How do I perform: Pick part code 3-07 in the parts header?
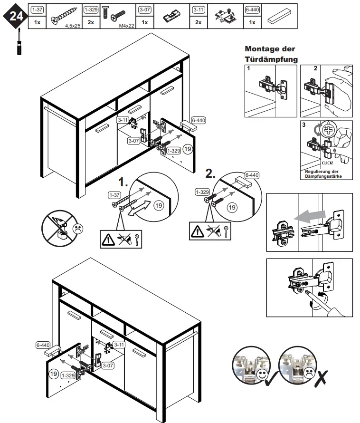[145, 10]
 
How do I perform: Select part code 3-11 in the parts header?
[199, 10]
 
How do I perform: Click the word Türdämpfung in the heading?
[271, 59]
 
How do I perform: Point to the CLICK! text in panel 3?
[328, 162]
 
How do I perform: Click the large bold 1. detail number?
[123, 183]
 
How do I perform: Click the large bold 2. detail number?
[211, 173]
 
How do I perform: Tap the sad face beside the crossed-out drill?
[76, 228]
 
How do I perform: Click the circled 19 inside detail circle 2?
[232, 208]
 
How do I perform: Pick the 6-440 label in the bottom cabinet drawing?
[43, 345]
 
